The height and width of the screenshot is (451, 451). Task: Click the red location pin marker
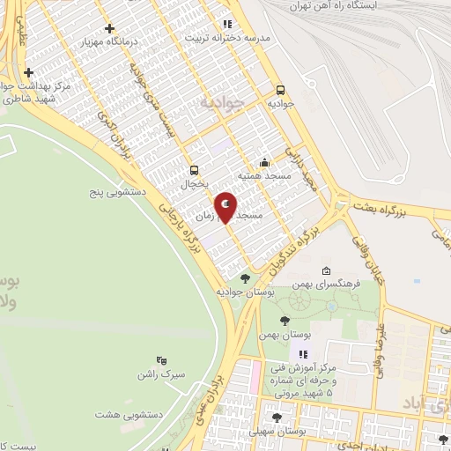pos(225,206)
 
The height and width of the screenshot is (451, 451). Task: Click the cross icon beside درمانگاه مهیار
pos(108,28)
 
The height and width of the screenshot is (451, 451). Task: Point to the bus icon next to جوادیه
pos(280,89)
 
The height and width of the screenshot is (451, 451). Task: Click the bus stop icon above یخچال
pos(193,171)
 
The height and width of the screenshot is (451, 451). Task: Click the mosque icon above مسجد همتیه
pos(265,163)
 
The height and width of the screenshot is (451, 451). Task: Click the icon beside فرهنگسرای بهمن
pos(327,270)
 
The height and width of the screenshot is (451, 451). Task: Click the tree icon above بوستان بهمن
pos(283,321)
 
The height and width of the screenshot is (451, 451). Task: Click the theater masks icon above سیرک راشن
pos(160,359)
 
